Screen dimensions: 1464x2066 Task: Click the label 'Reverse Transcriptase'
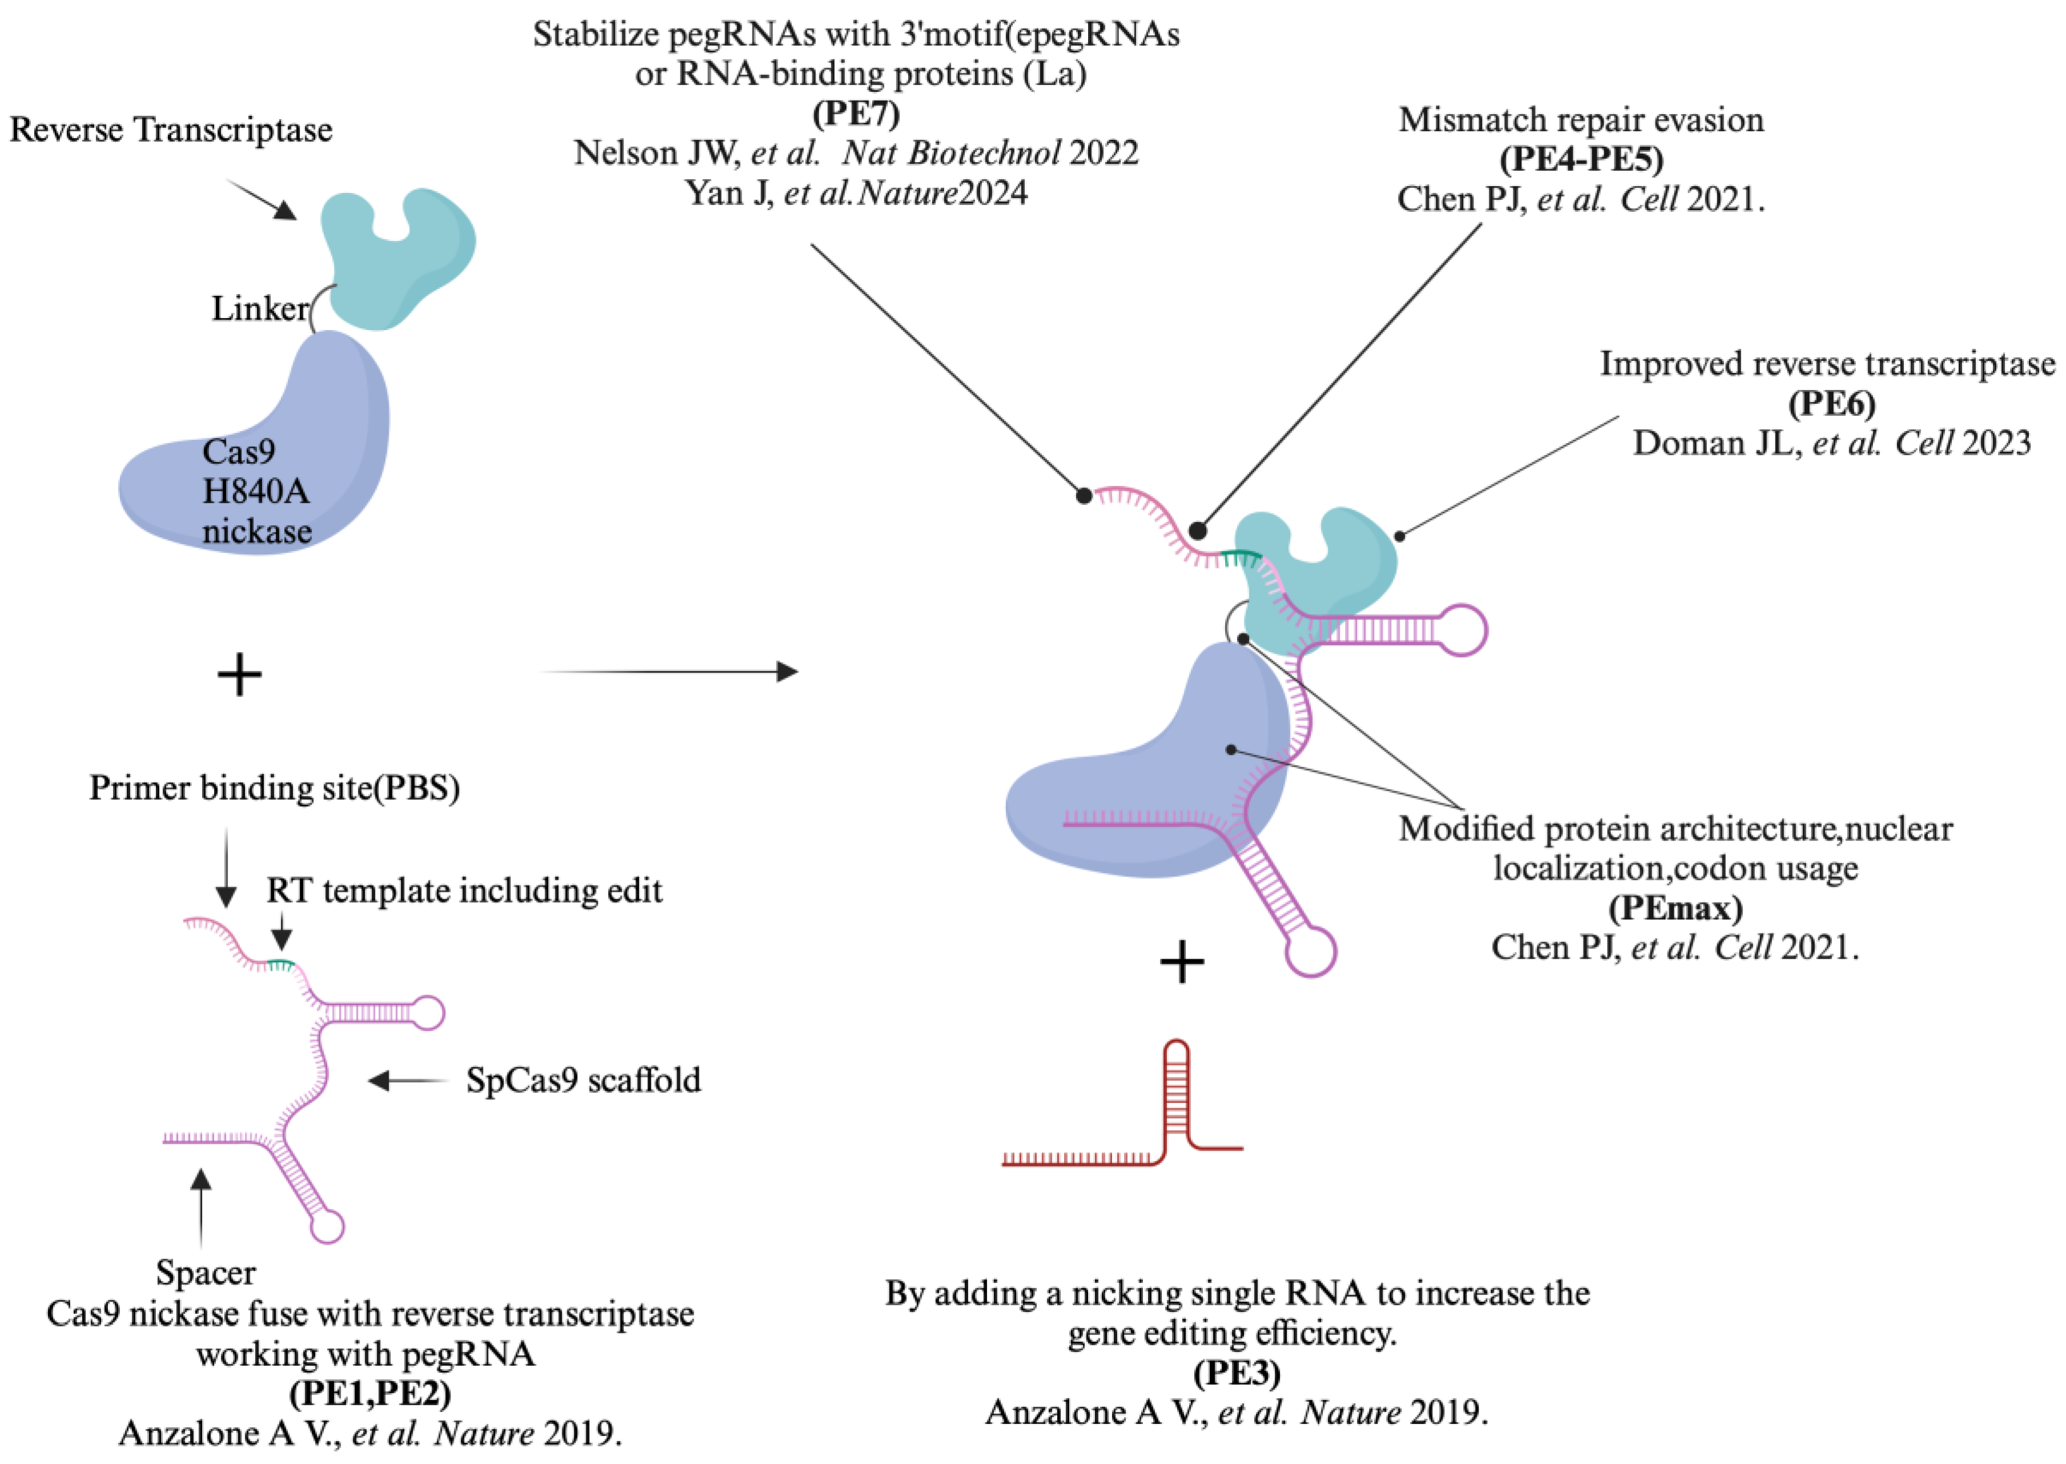click(x=171, y=130)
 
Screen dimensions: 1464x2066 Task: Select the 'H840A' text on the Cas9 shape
click(x=256, y=491)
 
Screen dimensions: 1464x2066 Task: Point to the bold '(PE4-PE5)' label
click(x=1581, y=159)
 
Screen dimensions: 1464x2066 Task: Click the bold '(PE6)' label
click(x=1831, y=403)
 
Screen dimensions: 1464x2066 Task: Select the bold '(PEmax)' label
click(x=1675, y=907)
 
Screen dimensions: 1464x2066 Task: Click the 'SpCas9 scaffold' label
click(x=583, y=1080)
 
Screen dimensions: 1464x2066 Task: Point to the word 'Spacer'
click(x=206, y=1272)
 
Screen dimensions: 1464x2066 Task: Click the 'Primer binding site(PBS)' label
click(x=274, y=788)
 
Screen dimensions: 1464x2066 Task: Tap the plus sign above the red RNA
click(x=1182, y=962)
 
